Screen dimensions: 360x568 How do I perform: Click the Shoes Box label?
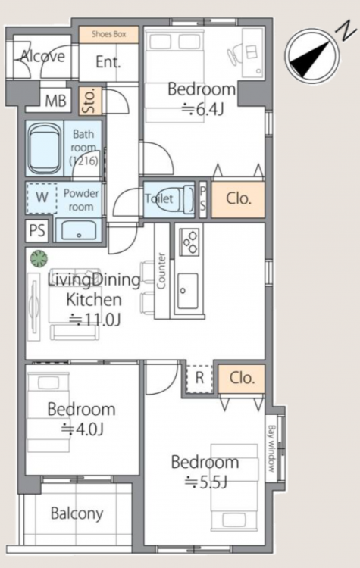click(109, 34)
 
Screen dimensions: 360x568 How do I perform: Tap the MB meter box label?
click(55, 101)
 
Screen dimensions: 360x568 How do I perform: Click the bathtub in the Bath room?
click(45, 148)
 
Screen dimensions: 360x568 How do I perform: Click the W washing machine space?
click(42, 198)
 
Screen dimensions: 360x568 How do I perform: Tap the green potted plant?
click(39, 259)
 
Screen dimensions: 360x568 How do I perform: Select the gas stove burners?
click(189, 242)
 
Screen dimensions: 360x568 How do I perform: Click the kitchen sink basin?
click(188, 291)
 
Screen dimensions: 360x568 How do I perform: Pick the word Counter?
click(161, 270)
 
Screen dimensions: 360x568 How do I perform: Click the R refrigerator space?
click(199, 378)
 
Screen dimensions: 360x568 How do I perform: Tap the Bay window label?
click(271, 448)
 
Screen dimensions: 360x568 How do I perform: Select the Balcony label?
click(77, 513)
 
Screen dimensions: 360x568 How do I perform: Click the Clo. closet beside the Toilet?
click(238, 199)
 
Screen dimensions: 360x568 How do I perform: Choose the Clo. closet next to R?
click(242, 379)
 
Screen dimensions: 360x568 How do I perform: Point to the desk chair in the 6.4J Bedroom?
click(234, 55)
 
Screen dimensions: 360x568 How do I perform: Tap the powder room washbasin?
click(79, 230)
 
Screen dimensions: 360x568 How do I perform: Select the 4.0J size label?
click(83, 429)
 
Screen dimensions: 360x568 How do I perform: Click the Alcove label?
click(42, 57)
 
